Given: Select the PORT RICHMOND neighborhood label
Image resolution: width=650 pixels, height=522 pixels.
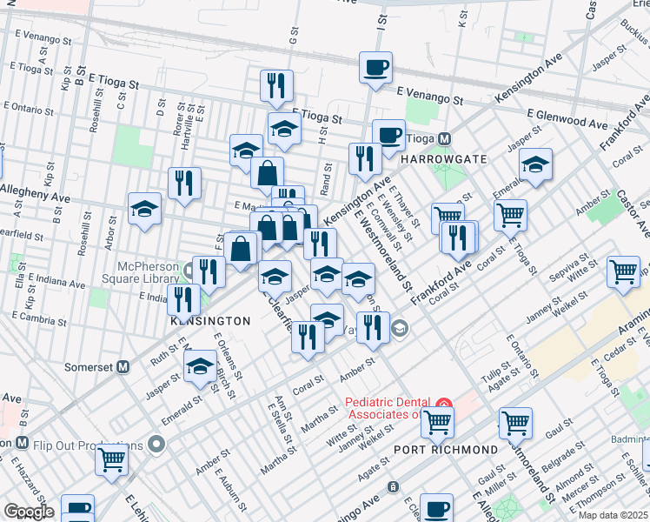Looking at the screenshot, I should pyautogui.click(x=446, y=450).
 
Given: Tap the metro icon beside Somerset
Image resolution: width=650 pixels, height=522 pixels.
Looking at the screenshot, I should pyautogui.click(x=123, y=367).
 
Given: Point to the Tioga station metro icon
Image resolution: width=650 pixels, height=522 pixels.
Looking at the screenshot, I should pyautogui.click(x=444, y=138).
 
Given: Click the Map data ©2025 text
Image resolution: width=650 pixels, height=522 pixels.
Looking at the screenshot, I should pyautogui.click(x=613, y=515).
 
